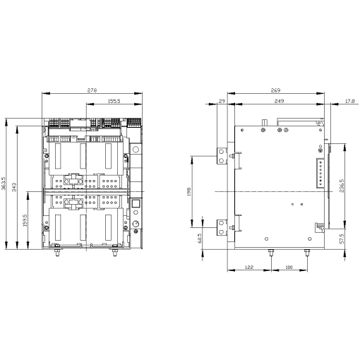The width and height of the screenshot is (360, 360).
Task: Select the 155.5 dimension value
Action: click(x=112, y=102)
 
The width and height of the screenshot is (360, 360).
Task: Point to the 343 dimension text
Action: click(x=16, y=189)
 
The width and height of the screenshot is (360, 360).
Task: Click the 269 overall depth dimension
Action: click(x=277, y=91)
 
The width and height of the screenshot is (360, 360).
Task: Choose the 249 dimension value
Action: click(x=280, y=102)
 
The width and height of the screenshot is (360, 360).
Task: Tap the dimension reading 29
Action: click(x=222, y=102)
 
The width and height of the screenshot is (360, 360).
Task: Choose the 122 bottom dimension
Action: click(x=248, y=268)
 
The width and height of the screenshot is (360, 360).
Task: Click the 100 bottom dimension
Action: click(x=288, y=268)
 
